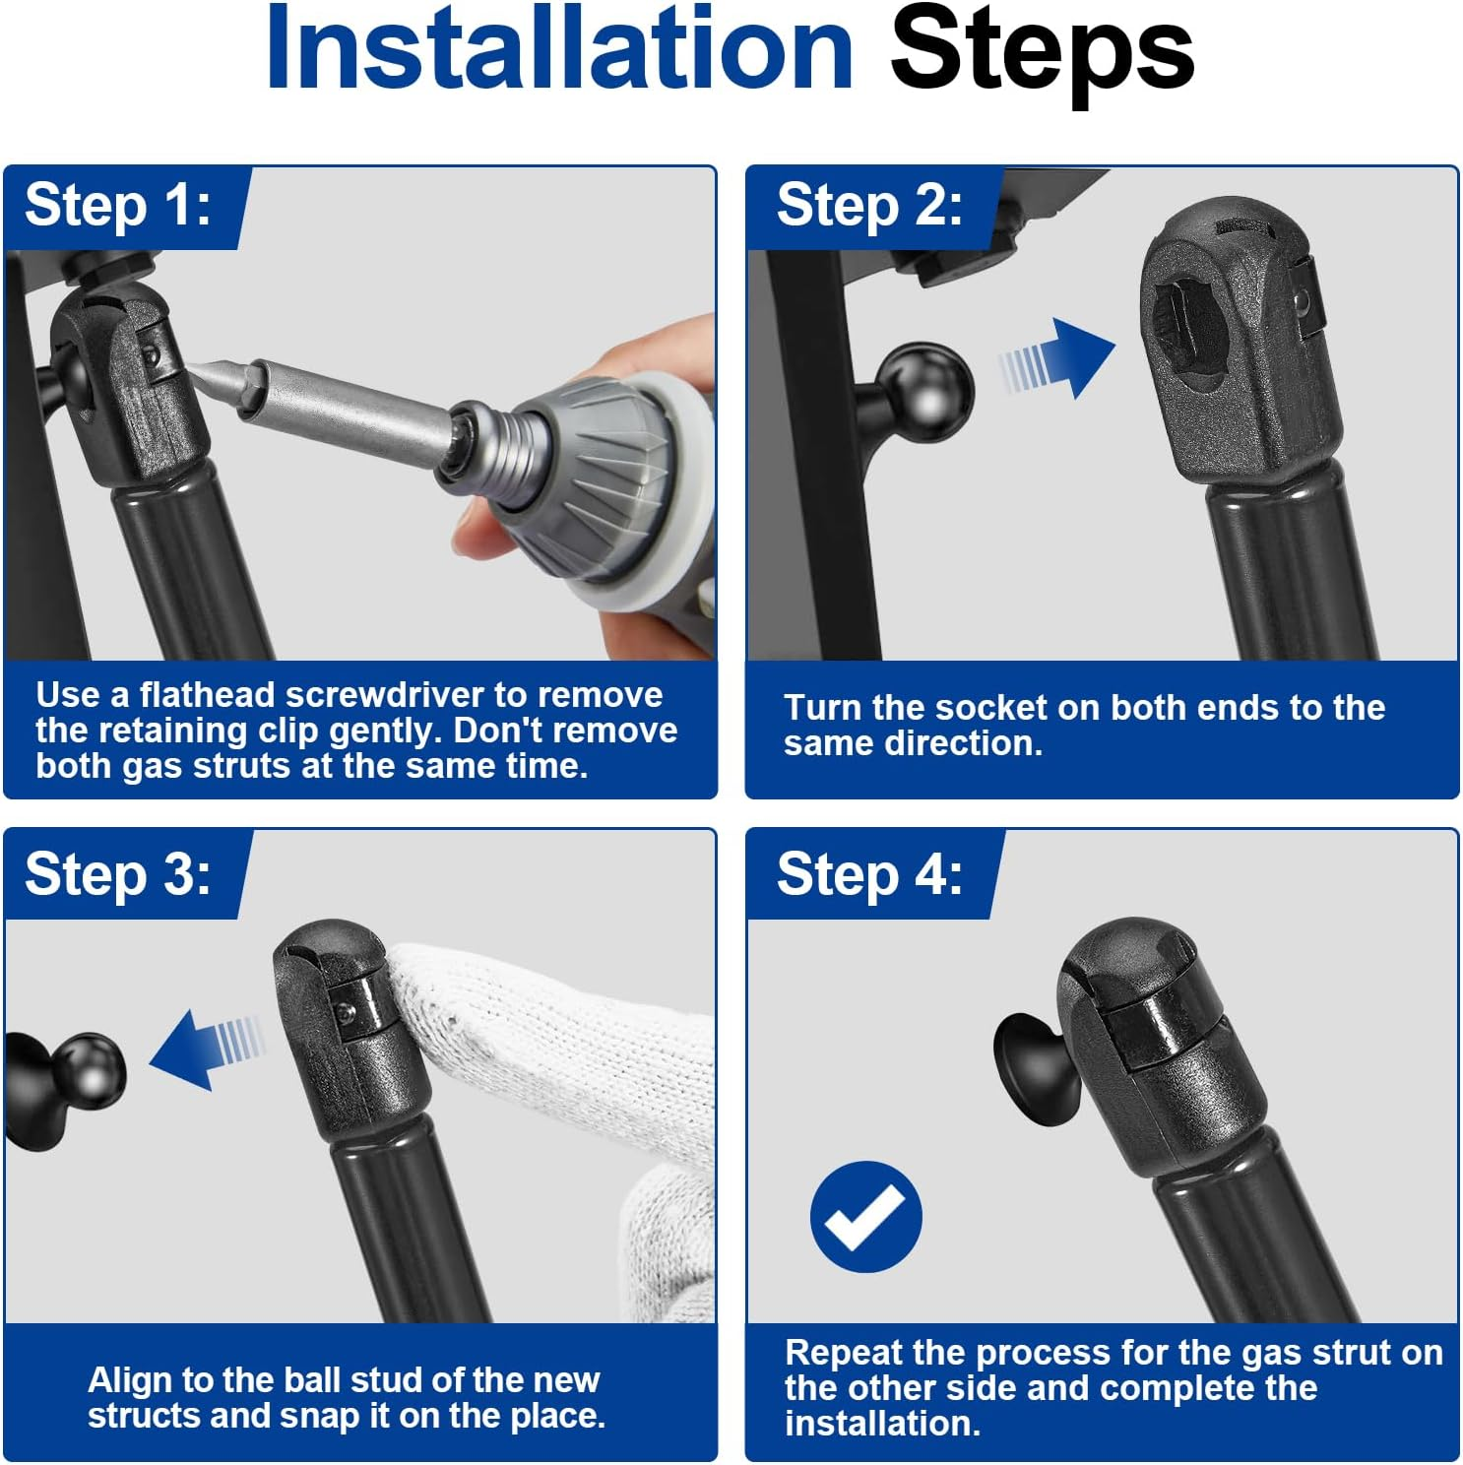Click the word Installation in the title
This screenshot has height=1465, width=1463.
[559, 49]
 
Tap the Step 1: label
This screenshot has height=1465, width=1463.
[118, 206]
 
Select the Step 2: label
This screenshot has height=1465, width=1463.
[869, 206]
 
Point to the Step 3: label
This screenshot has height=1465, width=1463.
[118, 874]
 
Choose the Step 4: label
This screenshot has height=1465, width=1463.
[869, 874]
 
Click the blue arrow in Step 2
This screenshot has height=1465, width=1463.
[1056, 358]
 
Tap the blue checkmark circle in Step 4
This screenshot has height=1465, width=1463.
[866, 1216]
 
